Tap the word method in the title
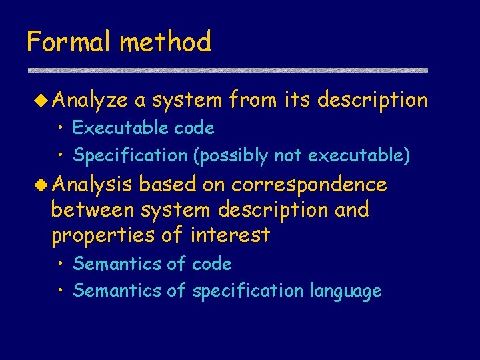click(165, 42)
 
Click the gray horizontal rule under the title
click(227, 70)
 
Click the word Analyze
click(89, 101)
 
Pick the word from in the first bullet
click(253, 100)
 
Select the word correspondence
click(309, 184)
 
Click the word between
click(93, 209)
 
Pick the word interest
click(230, 235)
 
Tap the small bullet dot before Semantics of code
click(60, 264)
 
